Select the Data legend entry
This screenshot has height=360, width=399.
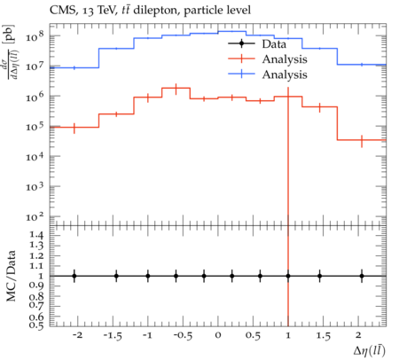pos(257,44)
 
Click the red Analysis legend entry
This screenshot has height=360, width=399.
pos(268,59)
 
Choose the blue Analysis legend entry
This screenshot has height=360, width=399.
pos(268,74)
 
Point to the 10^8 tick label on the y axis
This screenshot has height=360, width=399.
pos(35,36)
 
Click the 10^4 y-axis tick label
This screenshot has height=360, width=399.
pos(35,156)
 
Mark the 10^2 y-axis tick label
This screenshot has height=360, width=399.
pos(35,216)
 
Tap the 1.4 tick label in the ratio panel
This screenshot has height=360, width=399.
pos(36,236)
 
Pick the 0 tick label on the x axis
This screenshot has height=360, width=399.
pos(218,335)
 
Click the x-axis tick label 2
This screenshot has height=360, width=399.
pos(358,335)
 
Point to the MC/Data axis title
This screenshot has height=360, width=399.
pos(11,276)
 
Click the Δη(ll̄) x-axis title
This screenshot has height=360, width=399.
pos(370,350)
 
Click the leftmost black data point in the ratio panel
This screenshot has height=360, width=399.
pos(74,276)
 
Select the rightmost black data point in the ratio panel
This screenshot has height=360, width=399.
pos(362,276)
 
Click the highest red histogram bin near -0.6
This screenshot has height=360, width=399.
pos(176,88)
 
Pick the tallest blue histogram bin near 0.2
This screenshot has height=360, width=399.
pos(232,31)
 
